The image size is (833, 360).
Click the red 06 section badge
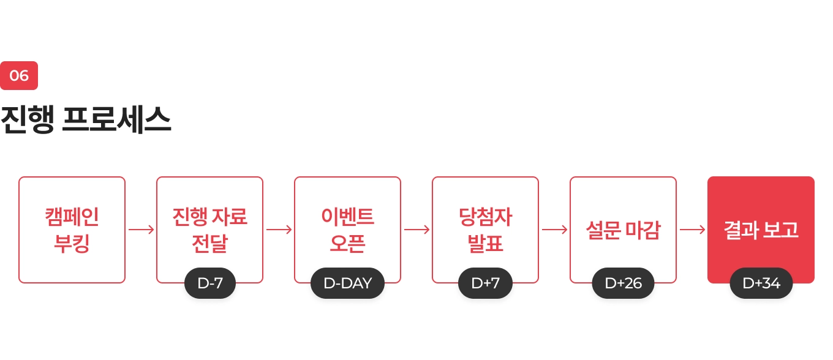pyautogui.click(x=19, y=76)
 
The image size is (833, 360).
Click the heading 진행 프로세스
pyautogui.click(x=86, y=121)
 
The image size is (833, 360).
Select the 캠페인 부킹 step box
pyautogui.click(x=72, y=230)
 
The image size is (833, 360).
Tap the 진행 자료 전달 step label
pyautogui.click(x=209, y=230)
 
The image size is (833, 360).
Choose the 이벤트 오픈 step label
pyautogui.click(x=347, y=230)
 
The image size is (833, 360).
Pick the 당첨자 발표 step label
pyautogui.click(x=485, y=230)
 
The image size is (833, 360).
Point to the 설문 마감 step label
pyautogui.click(x=623, y=230)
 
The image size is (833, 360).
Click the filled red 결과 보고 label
pyautogui.click(x=761, y=230)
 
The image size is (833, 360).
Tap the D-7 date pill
pyautogui.click(x=210, y=283)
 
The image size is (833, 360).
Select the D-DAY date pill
pyautogui.click(x=347, y=283)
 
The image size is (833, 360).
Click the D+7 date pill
pyautogui.click(x=485, y=283)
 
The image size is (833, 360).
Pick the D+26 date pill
pyautogui.click(x=623, y=283)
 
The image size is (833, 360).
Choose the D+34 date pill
pyautogui.click(x=761, y=283)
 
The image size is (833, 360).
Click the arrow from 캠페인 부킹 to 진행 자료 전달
pyautogui.click(x=141, y=230)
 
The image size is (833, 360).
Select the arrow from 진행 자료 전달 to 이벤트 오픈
pyautogui.click(x=279, y=230)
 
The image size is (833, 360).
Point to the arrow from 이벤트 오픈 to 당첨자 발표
pyautogui.click(x=417, y=230)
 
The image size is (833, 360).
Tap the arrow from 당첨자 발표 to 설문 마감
pyautogui.click(x=554, y=230)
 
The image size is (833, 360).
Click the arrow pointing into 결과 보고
pyautogui.click(x=692, y=230)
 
